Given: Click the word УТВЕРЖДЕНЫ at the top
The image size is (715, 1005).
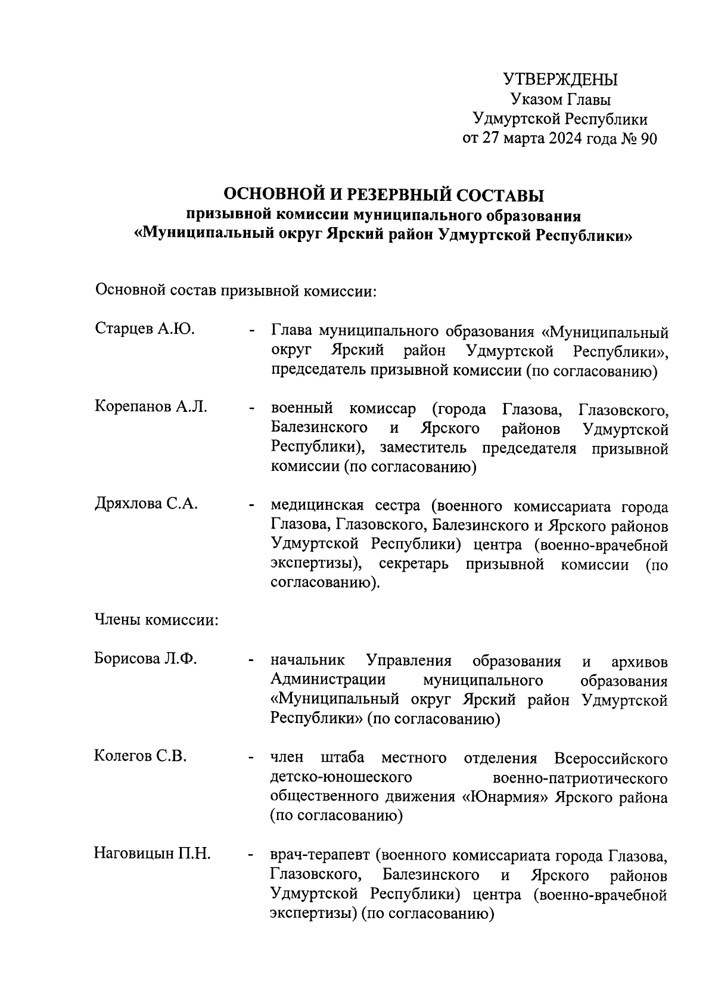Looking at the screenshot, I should pos(561,79).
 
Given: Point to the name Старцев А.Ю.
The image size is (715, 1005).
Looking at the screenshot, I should pos(145,329).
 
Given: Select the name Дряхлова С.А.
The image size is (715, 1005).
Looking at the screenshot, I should pos(146,504).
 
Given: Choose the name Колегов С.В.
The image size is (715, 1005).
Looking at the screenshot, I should pos(141,756).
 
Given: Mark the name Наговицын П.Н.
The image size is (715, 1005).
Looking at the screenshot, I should pos(153,854).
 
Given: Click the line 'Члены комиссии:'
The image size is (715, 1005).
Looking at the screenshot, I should pos(157,621).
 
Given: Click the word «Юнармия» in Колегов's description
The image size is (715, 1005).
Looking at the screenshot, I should pos(506,797).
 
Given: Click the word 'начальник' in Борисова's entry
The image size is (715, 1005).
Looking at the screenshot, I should pos(307,661).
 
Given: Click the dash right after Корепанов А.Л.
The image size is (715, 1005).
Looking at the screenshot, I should pos(253,409).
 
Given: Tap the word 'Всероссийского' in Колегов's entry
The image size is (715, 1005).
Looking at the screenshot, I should pos(610,758).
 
